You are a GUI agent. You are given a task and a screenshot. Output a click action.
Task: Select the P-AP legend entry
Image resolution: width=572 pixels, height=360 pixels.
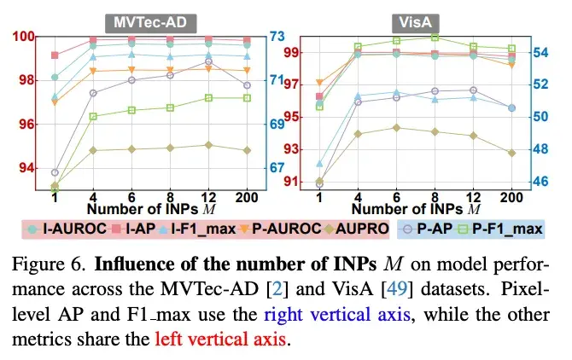(429, 229)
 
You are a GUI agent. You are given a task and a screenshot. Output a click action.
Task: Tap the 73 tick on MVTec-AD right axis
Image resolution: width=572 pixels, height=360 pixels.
(277, 37)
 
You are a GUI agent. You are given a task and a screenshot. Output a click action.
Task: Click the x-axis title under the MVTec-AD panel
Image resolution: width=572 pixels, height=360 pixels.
(150, 210)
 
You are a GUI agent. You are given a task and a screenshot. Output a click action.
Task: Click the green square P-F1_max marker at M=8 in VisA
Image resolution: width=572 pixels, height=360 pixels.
(435, 37)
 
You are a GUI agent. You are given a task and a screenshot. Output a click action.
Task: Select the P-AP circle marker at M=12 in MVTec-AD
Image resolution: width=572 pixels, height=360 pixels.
(208, 61)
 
